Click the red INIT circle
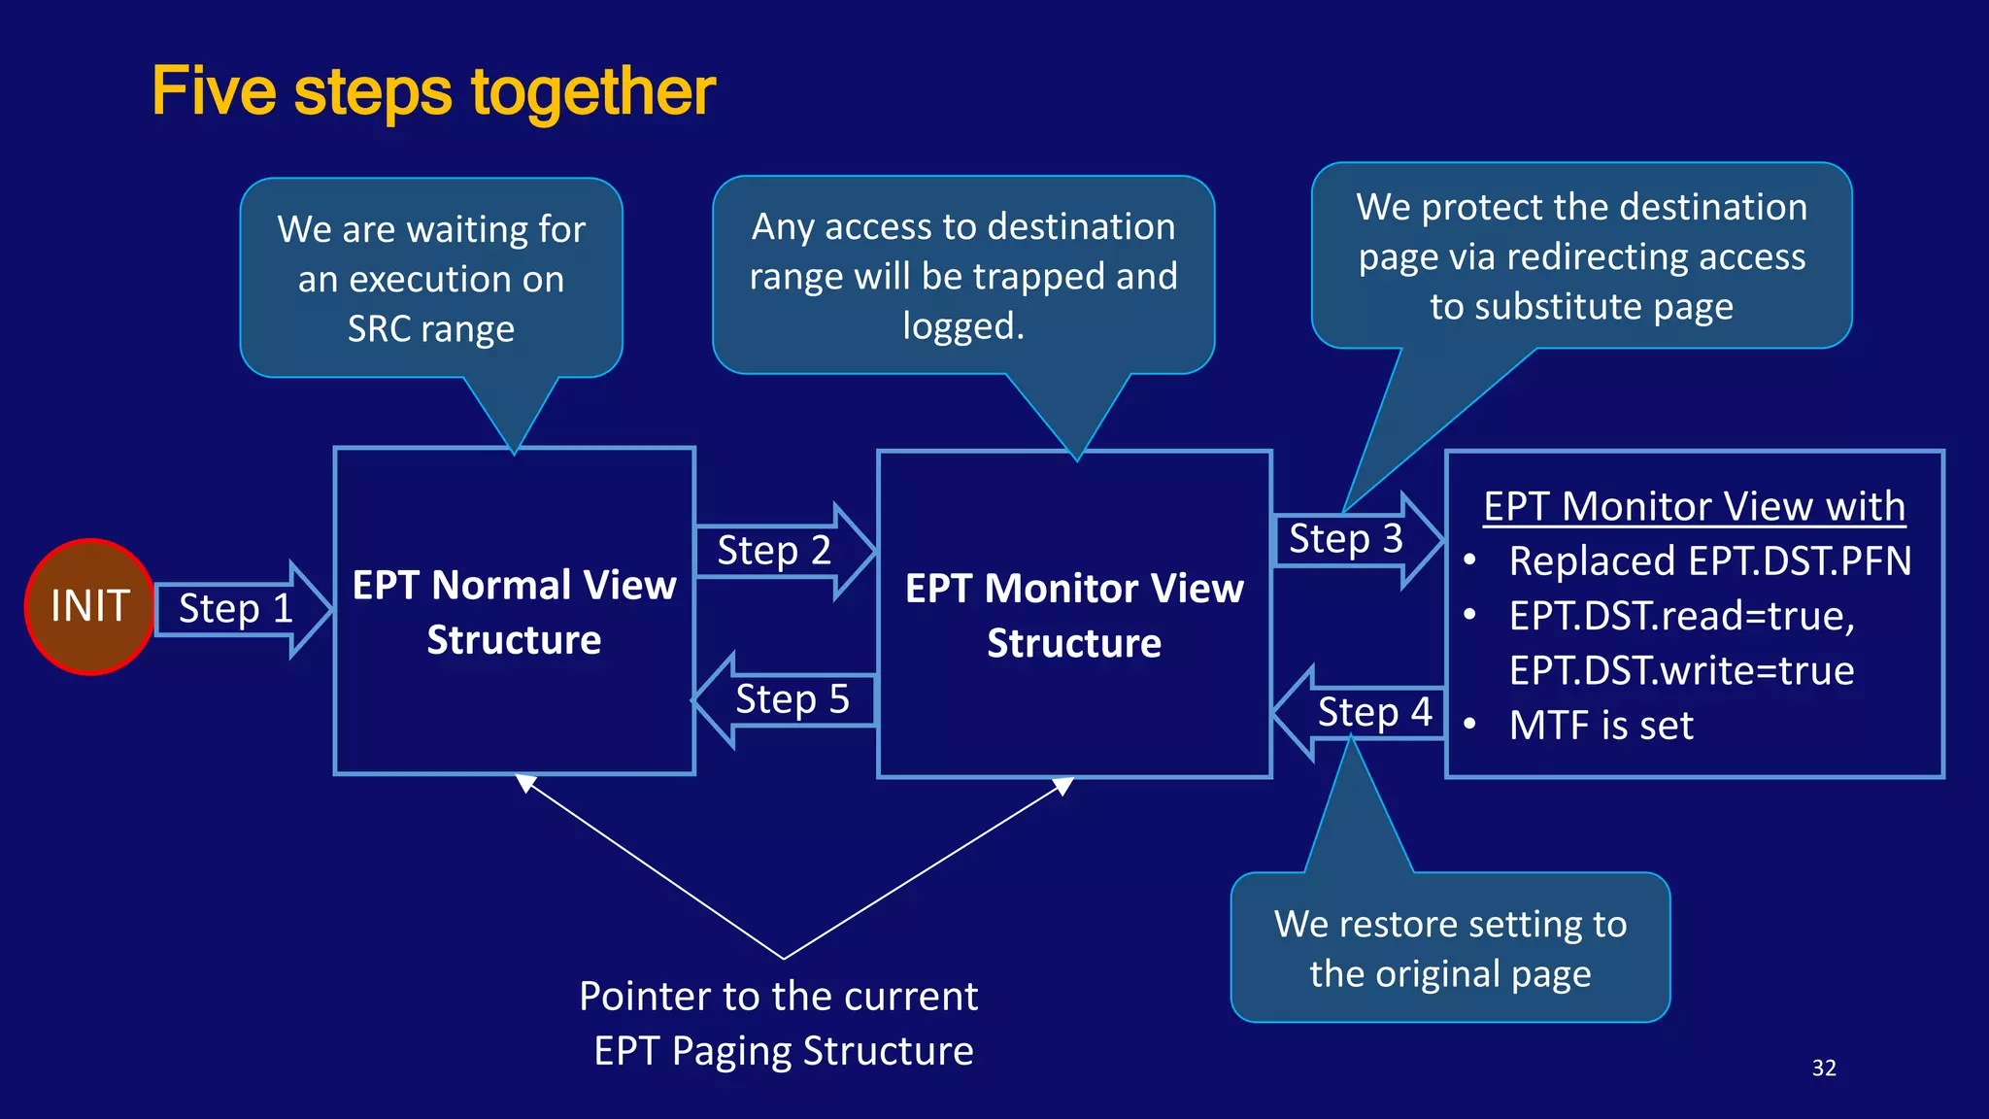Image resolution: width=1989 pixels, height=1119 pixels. pos(89,606)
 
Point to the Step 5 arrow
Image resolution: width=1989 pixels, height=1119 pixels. pos(789,699)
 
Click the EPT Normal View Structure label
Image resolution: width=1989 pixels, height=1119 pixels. pos(514,612)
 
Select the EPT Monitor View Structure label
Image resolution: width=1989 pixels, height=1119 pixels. pos(1074,615)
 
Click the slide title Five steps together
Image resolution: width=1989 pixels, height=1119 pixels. pos(433,91)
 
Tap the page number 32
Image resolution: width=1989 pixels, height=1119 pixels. pos(1824,1068)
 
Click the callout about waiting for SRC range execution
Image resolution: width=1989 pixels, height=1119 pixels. pos(431,279)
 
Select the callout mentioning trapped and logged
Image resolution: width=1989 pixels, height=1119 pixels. pos(962,276)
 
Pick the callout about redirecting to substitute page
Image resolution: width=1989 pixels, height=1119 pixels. pos(1581,256)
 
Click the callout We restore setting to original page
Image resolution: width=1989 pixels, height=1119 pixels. pos(1450,948)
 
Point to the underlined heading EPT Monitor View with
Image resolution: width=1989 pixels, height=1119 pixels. pos(1694,506)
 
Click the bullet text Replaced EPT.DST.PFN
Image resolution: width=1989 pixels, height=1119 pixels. pos(1709,561)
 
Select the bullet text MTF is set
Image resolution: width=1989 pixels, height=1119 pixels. pos(1601,726)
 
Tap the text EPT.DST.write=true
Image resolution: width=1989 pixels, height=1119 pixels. pos(1681,670)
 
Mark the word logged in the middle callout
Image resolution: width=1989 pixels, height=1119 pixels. pos(962,326)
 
